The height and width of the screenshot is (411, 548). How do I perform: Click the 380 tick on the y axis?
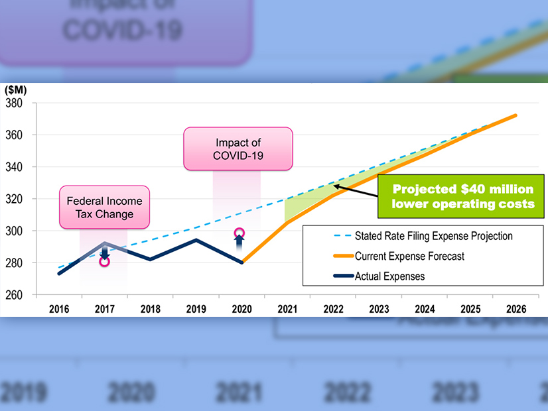[x=14, y=103]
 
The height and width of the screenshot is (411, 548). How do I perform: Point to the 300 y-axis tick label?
[x=14, y=231]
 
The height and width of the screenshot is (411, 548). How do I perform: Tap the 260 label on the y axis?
[x=14, y=294]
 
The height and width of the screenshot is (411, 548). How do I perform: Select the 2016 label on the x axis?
[x=59, y=309]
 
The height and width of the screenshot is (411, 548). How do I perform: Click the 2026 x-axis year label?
[x=515, y=309]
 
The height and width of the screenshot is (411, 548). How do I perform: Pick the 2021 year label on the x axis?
[x=287, y=309]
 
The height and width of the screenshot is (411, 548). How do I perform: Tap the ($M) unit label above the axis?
[x=17, y=89]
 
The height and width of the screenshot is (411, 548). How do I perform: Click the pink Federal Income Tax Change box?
[x=104, y=207]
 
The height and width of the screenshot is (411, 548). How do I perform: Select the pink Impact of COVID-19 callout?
[x=238, y=148]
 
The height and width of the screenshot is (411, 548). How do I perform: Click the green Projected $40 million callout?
[x=463, y=197]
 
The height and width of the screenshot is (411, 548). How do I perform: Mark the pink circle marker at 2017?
[x=104, y=261]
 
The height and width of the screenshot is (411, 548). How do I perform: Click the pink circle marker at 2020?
[x=240, y=233]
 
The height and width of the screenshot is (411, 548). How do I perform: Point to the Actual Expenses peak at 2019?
[x=196, y=239]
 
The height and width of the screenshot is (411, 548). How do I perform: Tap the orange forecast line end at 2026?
[x=515, y=115]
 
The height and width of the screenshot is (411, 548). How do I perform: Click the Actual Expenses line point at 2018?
[x=150, y=259]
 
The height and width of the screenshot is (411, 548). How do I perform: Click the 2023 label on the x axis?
[x=378, y=309]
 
